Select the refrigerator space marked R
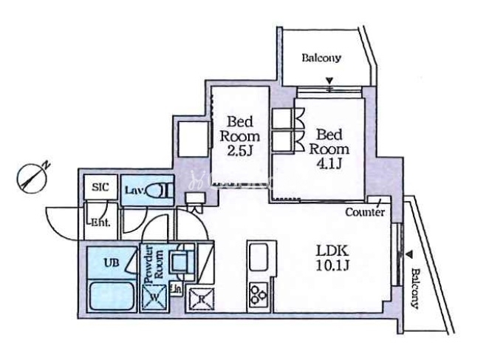pos(201,299)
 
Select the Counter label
pos(365,213)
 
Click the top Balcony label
pos(322,58)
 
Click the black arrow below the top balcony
pos(330,81)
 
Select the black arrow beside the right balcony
pos(408,256)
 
